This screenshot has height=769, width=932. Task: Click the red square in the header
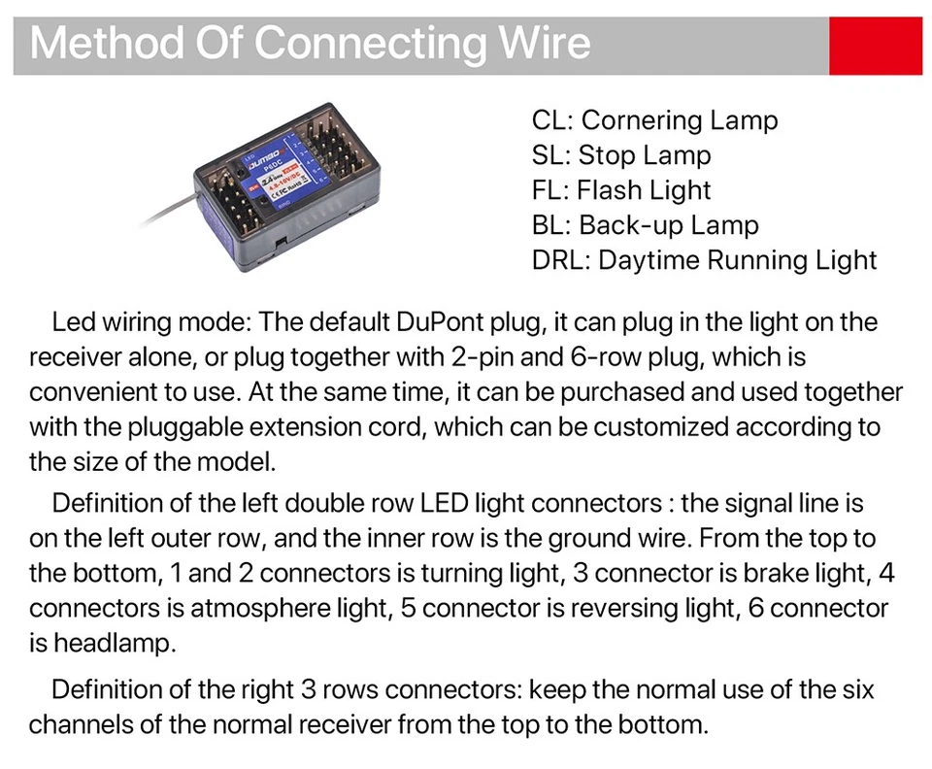pyautogui.click(x=875, y=45)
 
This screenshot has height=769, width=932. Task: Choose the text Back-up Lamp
pyautogui.click(x=669, y=226)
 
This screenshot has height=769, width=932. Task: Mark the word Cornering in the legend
pyautogui.click(x=642, y=121)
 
